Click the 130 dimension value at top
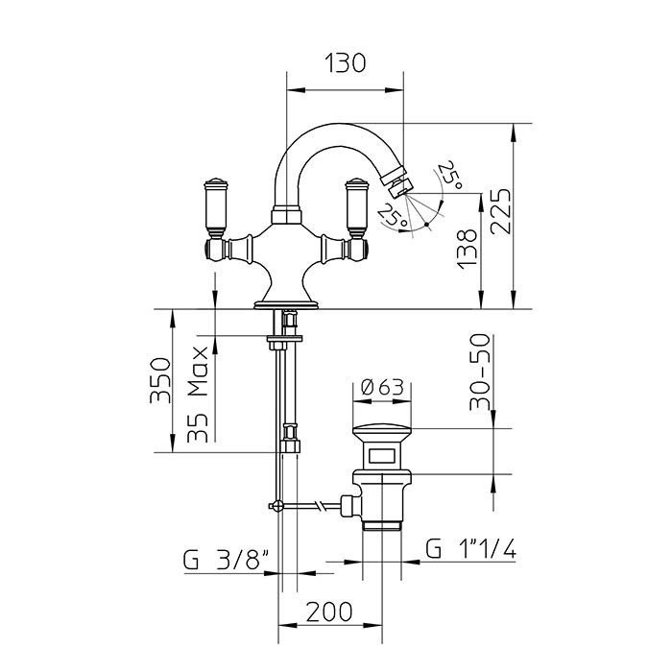coord(345,63)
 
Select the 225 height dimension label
coord(501,211)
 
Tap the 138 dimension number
coord(467,250)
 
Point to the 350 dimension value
coord(160,380)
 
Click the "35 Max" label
coord(198,395)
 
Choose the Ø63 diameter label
coord(382,388)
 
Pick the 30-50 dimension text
coord(480,372)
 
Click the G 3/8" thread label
coord(227,560)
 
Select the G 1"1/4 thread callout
coord(470,548)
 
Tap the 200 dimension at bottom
coord(329,612)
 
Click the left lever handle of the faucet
coord(215,207)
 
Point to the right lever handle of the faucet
coord(357,207)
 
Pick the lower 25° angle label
coord(393,215)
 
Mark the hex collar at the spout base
coord(286,215)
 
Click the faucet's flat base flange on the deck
coord(286,305)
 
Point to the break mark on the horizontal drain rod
coord(320,506)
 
